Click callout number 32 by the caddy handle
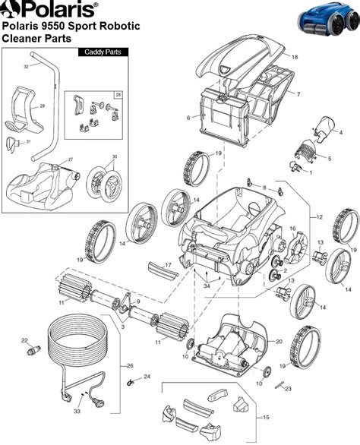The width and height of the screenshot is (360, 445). point(26,67)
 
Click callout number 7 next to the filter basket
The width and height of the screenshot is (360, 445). point(298,94)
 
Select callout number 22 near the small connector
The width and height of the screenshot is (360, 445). point(24,340)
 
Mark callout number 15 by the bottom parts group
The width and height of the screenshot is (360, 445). point(265,418)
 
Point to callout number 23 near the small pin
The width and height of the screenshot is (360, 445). point(288,389)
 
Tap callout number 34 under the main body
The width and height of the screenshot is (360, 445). point(206,286)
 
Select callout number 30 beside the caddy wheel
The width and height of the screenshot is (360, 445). point(115,157)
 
